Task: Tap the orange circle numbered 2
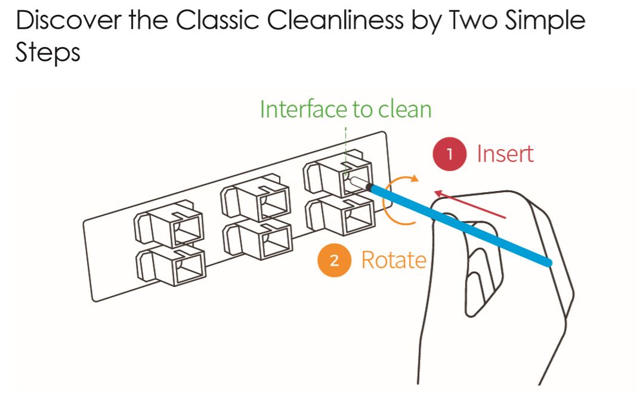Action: coord(335,260)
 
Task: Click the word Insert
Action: coord(505,154)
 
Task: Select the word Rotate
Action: coord(393,260)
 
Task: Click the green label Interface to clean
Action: coord(345,109)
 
